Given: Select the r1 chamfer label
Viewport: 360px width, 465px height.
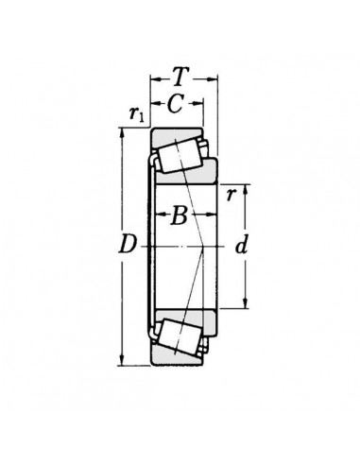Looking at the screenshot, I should pyautogui.click(x=136, y=114).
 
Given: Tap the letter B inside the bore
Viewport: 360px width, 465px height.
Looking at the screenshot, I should pyautogui.click(x=179, y=216).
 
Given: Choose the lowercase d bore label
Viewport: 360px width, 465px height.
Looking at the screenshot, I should pyautogui.click(x=241, y=246).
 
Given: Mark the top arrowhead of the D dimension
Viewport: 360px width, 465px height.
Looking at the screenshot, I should pyautogui.click(x=123, y=130).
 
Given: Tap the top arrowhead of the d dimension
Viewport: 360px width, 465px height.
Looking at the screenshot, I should pyautogui.click(x=246, y=185).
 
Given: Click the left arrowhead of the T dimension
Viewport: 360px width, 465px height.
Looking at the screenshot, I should pyautogui.click(x=151, y=80).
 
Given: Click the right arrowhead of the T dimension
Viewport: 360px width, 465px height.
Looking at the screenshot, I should pyautogui.click(x=216, y=80).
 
